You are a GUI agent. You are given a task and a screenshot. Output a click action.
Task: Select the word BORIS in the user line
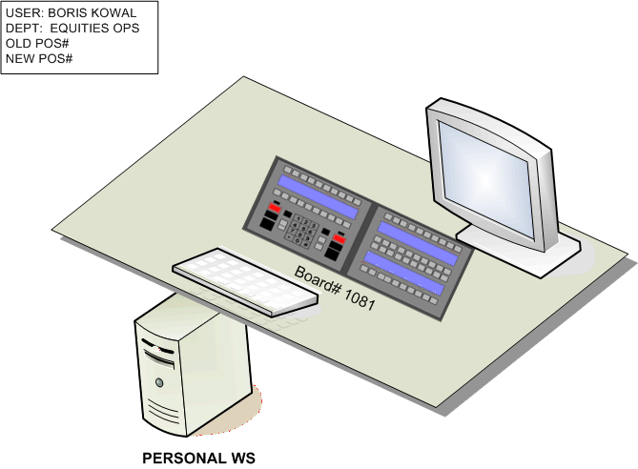pos(70,13)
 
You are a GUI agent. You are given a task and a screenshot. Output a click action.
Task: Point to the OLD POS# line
pos(39,44)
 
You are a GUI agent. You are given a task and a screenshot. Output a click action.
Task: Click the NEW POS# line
pos(40,59)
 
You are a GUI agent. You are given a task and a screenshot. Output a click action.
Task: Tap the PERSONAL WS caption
pos(198,458)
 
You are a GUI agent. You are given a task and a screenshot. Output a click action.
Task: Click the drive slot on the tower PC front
pos(158,362)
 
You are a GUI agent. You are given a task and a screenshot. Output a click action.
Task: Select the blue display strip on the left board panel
pos(317,195)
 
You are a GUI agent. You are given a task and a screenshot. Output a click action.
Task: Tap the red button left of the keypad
pos(276,207)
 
